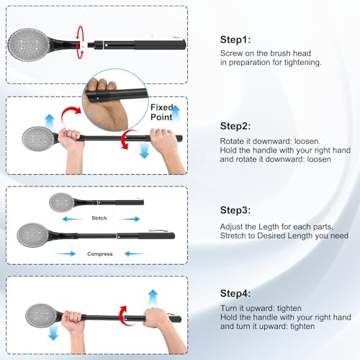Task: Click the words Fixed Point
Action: click(161, 111)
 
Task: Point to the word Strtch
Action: click(99, 217)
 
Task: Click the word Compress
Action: click(99, 253)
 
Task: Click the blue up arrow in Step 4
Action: click(153, 297)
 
